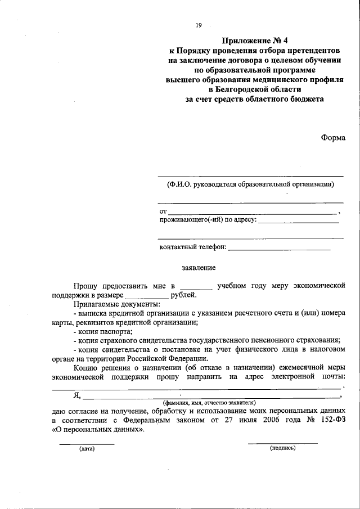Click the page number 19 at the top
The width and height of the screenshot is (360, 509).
[x=198, y=25]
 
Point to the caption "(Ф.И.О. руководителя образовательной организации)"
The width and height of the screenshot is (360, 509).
[x=250, y=184]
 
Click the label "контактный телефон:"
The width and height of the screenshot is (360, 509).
[x=193, y=247]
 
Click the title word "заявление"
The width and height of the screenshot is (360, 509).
[x=199, y=268]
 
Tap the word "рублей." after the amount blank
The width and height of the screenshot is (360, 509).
[x=184, y=295]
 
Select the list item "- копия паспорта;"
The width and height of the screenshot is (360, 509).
[x=102, y=331]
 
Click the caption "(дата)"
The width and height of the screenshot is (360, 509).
[x=87, y=448]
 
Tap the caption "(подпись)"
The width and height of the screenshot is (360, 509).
[x=283, y=448]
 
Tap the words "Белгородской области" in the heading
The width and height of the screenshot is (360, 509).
[x=255, y=89]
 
